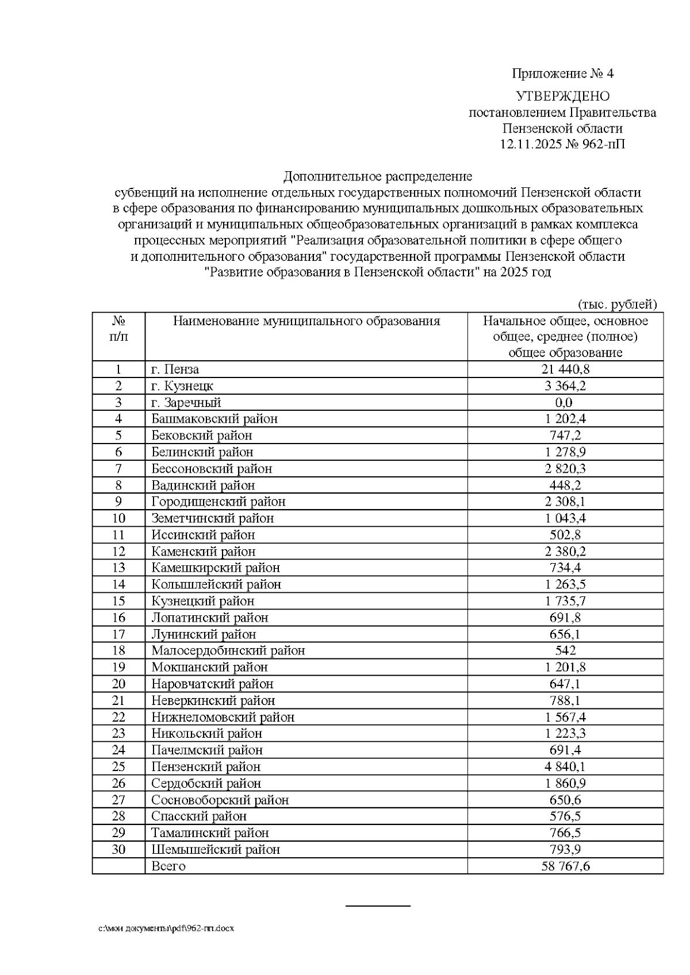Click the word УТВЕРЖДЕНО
(x=562, y=96)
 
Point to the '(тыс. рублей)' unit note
(x=616, y=304)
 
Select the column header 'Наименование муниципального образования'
(x=306, y=321)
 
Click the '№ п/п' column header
(x=118, y=329)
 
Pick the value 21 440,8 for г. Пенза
(x=565, y=369)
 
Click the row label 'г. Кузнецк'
(x=182, y=386)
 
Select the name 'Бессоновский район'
(x=212, y=469)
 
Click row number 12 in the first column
(x=118, y=552)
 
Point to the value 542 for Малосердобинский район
(x=565, y=651)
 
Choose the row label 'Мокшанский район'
(x=209, y=668)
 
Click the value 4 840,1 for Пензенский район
(x=565, y=767)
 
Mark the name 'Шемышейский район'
(x=216, y=850)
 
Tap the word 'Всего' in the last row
(x=168, y=866)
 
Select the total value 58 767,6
(x=565, y=866)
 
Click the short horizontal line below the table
(x=378, y=906)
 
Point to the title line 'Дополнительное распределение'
(x=378, y=176)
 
